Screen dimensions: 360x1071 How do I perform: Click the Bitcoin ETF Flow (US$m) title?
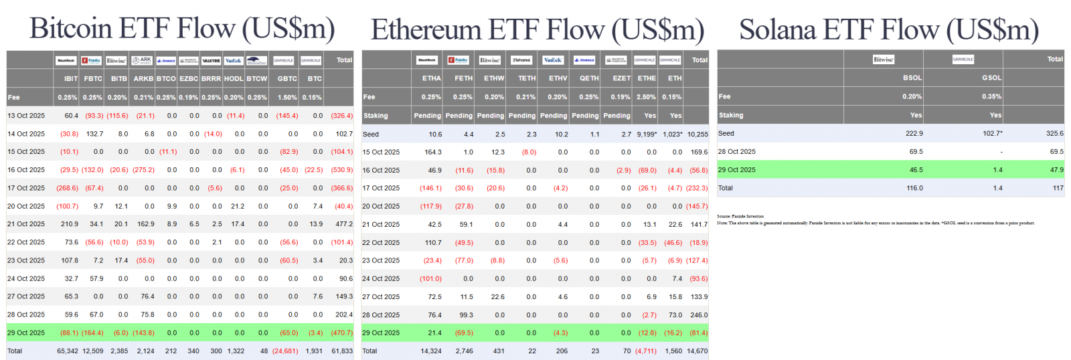coord(182,29)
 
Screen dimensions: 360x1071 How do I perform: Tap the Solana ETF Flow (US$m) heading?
coord(889,30)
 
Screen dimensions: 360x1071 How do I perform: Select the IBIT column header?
coord(71,79)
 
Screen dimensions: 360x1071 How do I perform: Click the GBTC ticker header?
coord(287,79)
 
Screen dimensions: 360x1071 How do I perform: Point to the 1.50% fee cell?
coord(287,98)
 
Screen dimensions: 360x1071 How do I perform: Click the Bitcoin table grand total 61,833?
coord(342,351)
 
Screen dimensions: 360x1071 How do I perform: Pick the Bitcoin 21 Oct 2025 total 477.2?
coord(344,224)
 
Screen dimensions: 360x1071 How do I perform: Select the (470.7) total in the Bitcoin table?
coord(342,333)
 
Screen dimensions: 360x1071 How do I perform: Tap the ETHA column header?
coord(432,78)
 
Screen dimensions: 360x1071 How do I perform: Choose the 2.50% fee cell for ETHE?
coord(647,97)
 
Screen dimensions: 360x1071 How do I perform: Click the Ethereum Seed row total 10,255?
coord(697,134)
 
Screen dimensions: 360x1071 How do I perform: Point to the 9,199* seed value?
coord(647,134)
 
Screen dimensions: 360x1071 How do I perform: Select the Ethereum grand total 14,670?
coord(697,351)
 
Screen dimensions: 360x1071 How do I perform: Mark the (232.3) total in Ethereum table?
coord(697,188)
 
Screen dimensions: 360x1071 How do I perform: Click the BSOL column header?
coord(912,78)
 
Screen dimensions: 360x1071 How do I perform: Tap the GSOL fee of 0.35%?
coord(991,96)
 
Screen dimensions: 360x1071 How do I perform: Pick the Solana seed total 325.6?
coord(1054,134)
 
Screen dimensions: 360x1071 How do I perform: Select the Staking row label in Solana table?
coord(731,115)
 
